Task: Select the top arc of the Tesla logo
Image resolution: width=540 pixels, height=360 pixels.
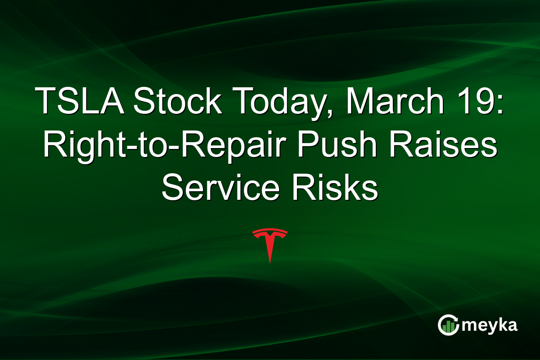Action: tap(270, 231)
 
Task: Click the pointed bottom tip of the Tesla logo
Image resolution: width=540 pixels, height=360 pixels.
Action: tap(270, 262)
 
